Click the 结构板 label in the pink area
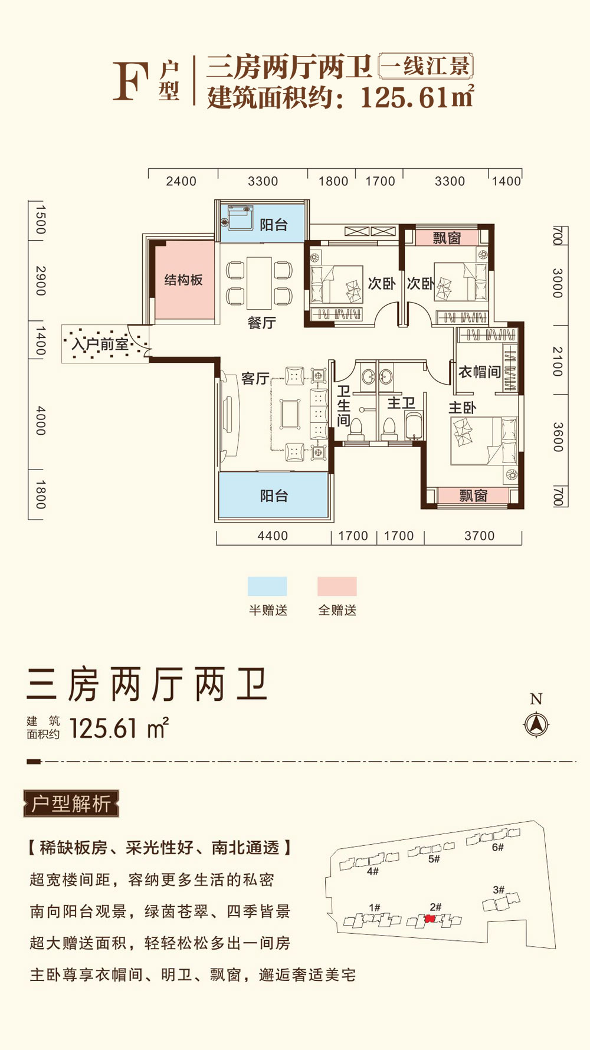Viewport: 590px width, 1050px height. click(x=183, y=280)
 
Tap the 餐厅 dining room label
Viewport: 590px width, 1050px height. click(x=261, y=323)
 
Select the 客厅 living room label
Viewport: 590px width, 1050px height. click(x=255, y=378)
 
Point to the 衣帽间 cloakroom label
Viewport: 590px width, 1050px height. click(x=479, y=372)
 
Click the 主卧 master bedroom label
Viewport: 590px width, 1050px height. click(x=462, y=408)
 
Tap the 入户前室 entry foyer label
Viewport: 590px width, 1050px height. click(x=100, y=344)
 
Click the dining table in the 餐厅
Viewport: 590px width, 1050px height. click(x=259, y=283)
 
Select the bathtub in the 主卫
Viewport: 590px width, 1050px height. click(x=414, y=426)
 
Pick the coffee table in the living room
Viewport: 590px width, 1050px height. click(x=290, y=414)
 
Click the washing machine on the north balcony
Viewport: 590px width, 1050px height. click(x=240, y=218)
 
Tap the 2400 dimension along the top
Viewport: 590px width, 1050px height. click(x=181, y=181)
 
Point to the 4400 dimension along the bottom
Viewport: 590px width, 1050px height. click(x=273, y=536)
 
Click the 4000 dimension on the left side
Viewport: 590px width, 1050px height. click(x=40, y=420)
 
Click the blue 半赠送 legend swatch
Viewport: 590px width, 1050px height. click(x=267, y=586)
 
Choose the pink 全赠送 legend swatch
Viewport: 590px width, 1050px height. click(x=337, y=586)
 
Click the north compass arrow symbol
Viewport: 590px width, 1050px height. click(x=536, y=724)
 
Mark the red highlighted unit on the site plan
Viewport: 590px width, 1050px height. click(x=430, y=918)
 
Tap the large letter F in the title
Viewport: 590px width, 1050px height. click(x=130, y=81)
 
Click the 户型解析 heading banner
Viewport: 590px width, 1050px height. click(x=71, y=803)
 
